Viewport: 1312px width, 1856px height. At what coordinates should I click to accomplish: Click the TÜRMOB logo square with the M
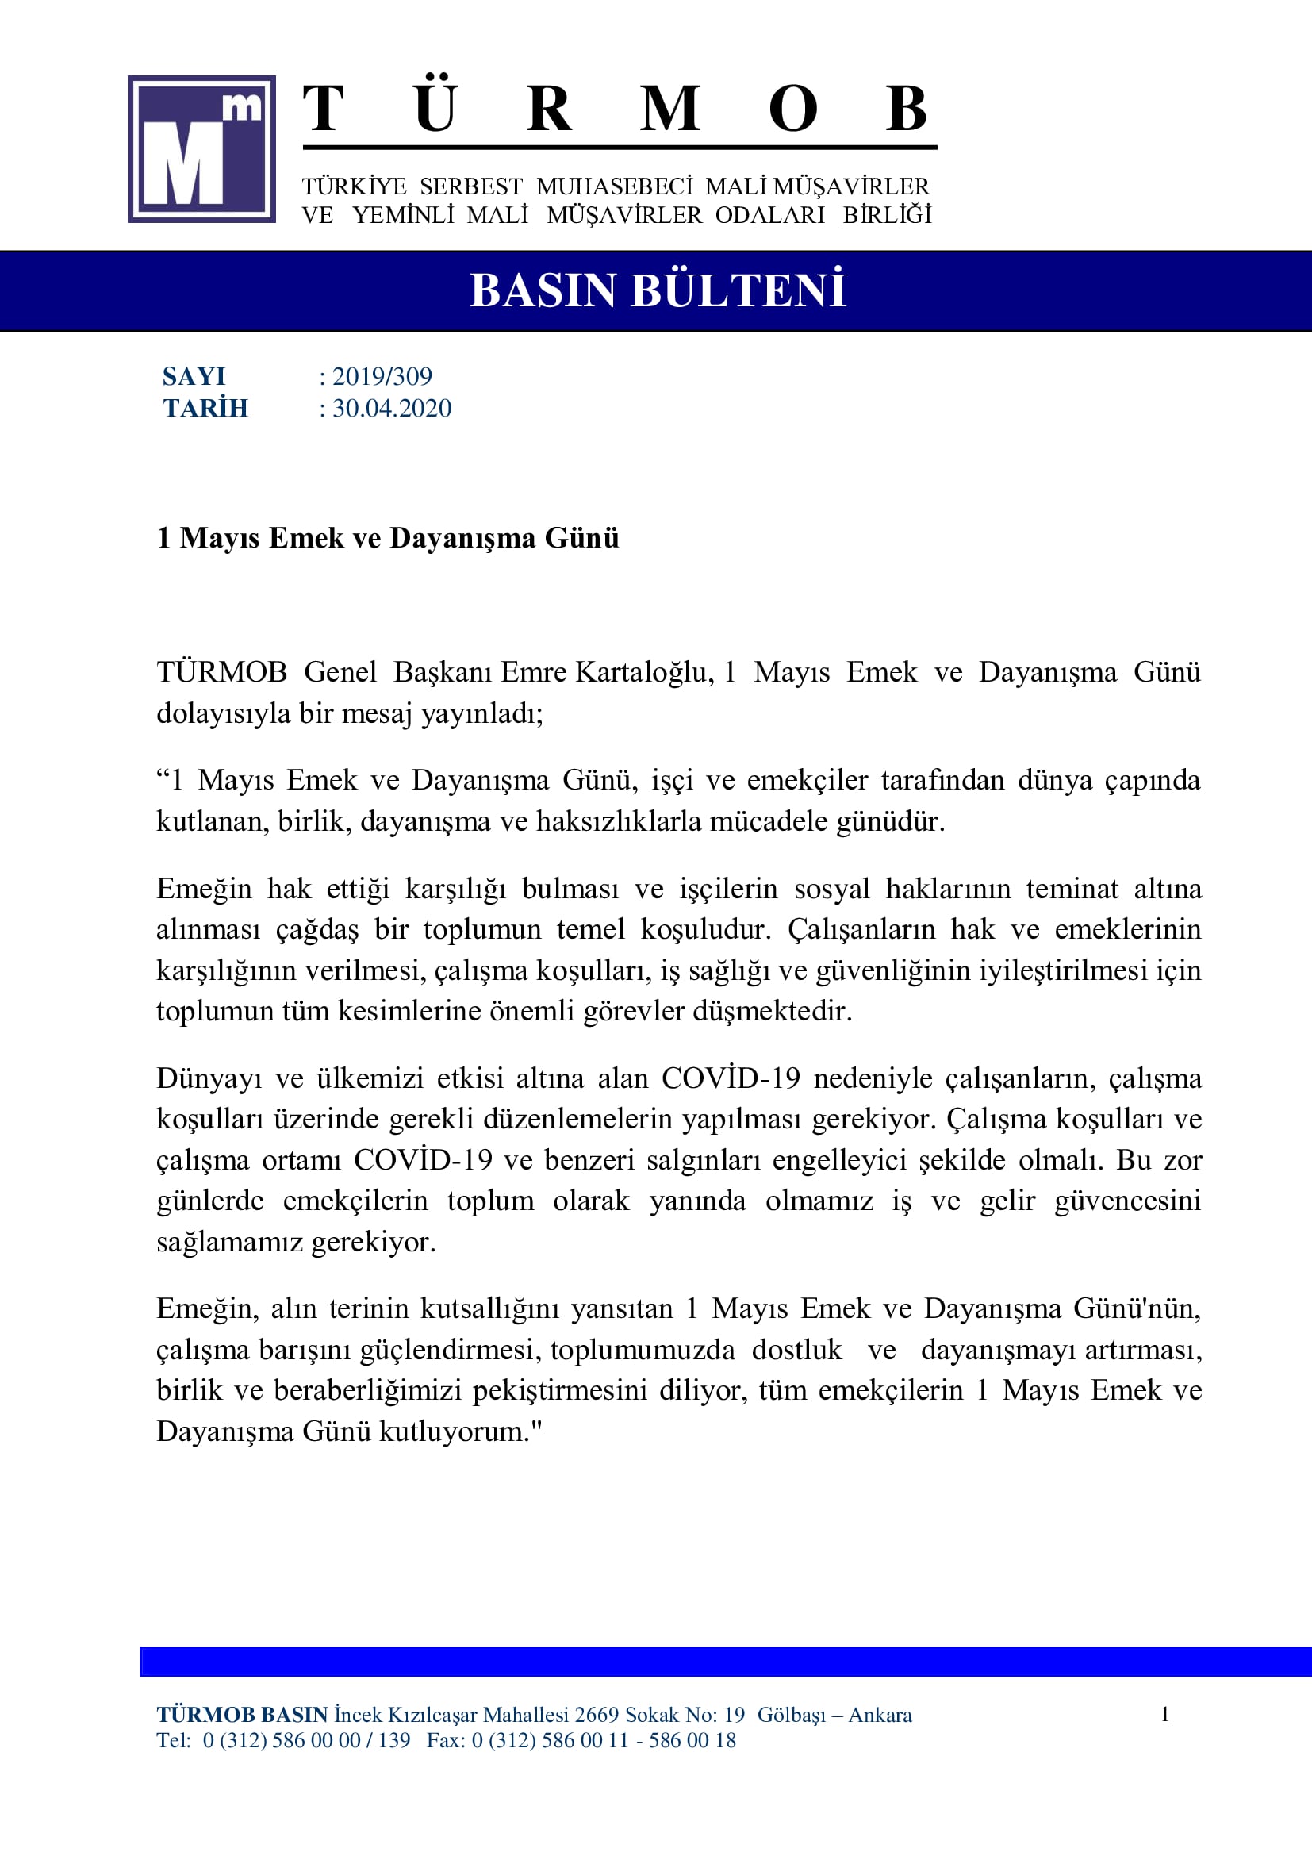tap(201, 148)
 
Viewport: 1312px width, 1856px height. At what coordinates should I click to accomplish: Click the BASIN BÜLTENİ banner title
tap(657, 291)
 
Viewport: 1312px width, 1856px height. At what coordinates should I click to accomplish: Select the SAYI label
tap(194, 377)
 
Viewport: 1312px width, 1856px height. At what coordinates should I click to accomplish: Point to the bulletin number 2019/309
tap(382, 377)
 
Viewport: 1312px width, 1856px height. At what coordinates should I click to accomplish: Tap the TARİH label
tap(205, 408)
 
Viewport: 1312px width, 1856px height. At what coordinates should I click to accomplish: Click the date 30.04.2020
tap(392, 408)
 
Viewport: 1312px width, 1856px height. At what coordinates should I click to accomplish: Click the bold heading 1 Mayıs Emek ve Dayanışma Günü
tap(388, 538)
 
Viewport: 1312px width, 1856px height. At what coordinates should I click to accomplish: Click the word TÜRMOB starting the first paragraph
tap(221, 673)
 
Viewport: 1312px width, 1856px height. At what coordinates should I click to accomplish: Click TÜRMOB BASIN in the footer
tap(242, 1715)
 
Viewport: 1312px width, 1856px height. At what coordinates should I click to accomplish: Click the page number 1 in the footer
tap(1164, 1714)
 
